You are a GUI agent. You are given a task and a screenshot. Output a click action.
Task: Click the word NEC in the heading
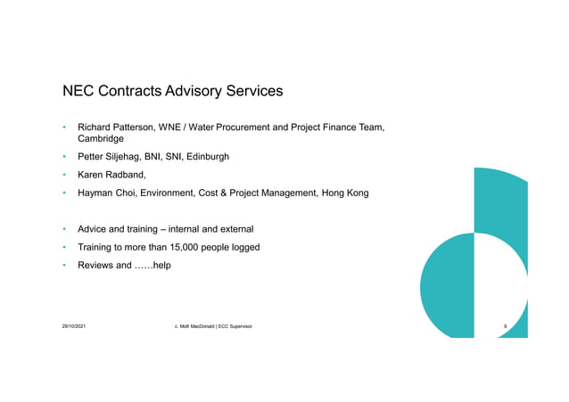click(x=78, y=91)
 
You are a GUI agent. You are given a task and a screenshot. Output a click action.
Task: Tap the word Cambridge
click(x=101, y=139)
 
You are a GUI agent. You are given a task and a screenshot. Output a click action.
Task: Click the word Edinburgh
click(x=207, y=157)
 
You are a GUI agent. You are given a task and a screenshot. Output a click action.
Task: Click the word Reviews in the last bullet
click(x=96, y=265)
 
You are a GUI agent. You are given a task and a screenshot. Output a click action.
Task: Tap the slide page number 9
click(x=505, y=327)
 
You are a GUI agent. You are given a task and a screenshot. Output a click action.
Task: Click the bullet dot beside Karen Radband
click(x=65, y=176)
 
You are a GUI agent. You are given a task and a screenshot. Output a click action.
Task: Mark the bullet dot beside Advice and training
click(x=65, y=229)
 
